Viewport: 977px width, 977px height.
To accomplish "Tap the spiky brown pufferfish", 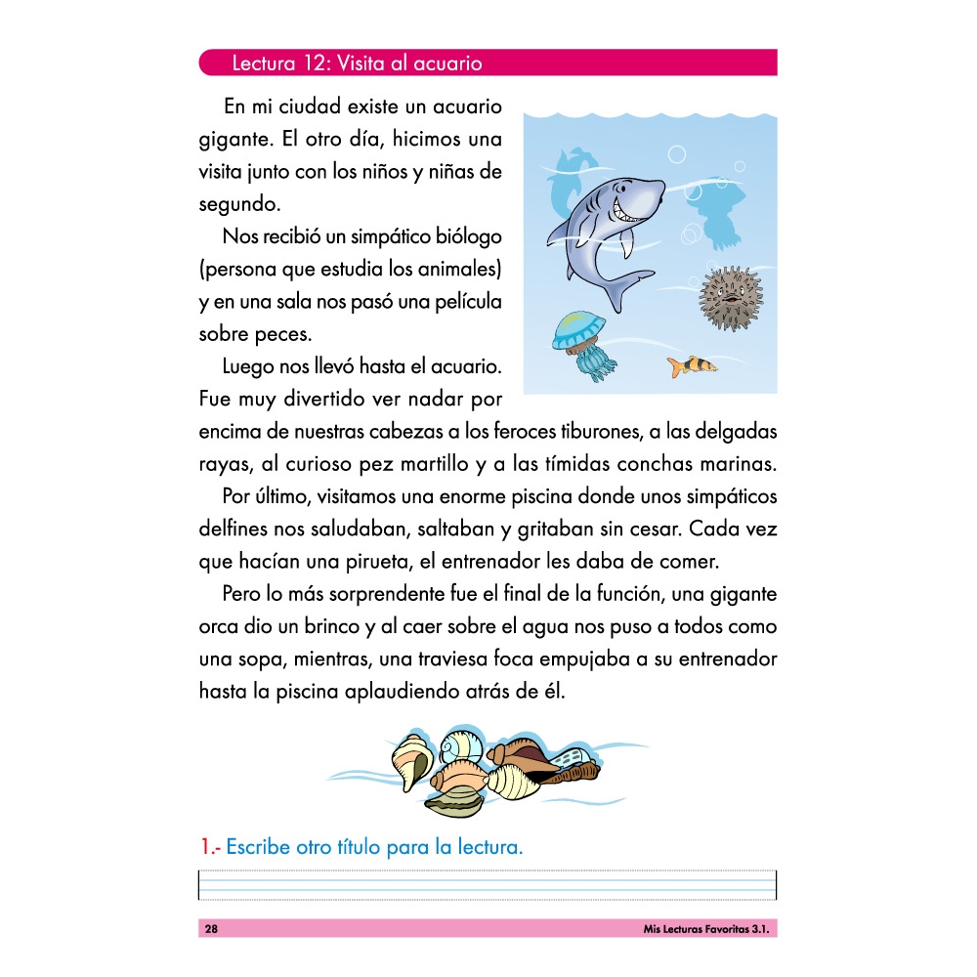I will point(730,297).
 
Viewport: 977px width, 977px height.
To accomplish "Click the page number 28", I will point(211,929).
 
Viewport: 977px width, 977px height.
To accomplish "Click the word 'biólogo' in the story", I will point(468,236).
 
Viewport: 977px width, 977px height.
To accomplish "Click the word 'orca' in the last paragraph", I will point(219,626).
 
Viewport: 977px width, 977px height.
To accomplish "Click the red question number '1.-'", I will point(209,847).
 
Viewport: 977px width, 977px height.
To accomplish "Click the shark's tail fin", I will point(626,283).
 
